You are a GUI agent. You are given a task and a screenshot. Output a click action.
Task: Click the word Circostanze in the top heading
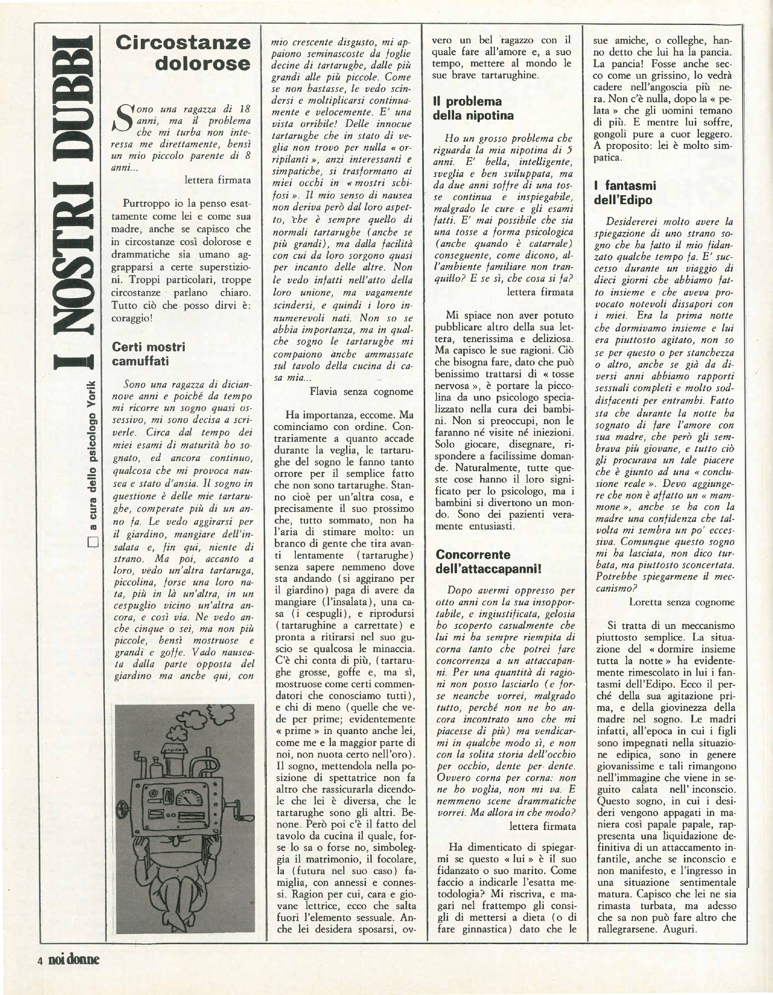[x=183, y=43]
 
